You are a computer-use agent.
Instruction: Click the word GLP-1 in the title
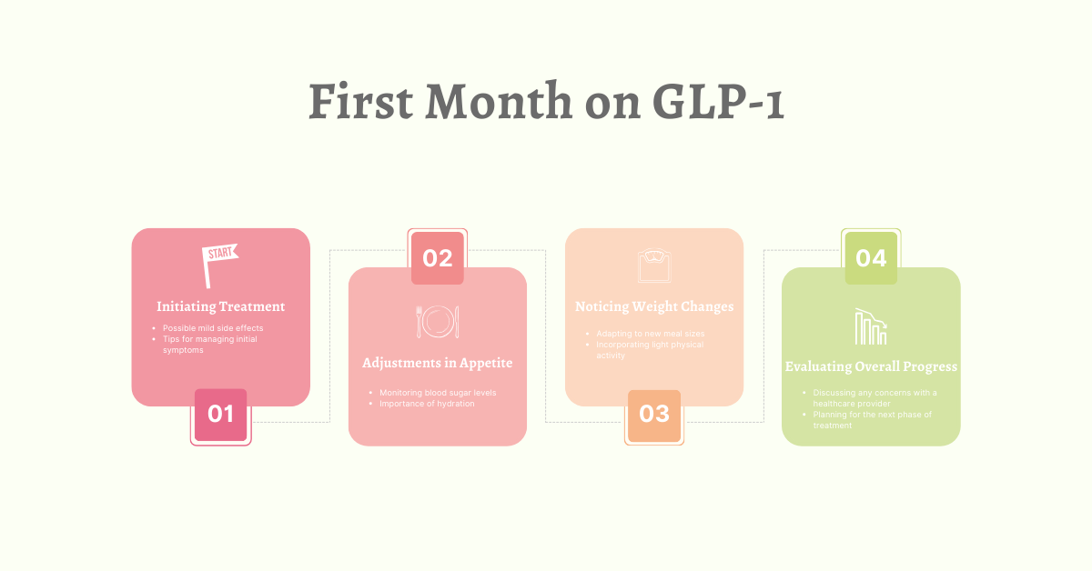[718, 102]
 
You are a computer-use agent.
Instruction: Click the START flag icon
[219, 265]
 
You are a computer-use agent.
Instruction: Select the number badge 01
[220, 415]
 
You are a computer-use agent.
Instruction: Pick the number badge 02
[438, 258]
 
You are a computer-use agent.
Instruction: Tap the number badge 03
[654, 415]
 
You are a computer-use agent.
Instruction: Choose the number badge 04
[871, 258]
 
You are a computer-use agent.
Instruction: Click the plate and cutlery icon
[438, 321]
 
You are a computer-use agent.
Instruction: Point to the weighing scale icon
[654, 265]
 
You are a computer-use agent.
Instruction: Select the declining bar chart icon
[871, 327]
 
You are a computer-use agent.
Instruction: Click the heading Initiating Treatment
[221, 306]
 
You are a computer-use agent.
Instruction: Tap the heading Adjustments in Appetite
[438, 363]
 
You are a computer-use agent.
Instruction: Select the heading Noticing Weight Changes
[654, 306]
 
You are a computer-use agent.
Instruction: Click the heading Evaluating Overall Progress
[871, 366]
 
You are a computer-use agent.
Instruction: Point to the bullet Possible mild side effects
[213, 328]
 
